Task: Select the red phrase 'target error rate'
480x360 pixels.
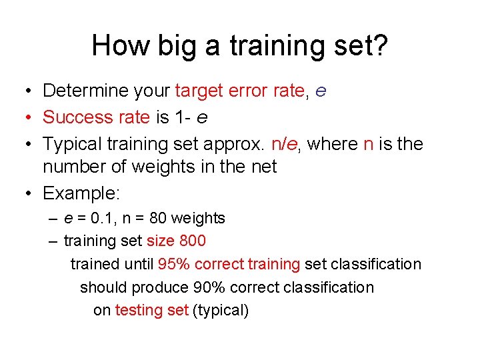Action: pyautogui.click(x=239, y=91)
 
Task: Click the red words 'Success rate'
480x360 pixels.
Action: pyautogui.click(x=96, y=117)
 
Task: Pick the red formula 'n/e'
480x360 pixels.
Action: pyautogui.click(x=287, y=144)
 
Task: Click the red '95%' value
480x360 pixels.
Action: pyautogui.click(x=173, y=264)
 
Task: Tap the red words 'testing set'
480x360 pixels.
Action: pyautogui.click(x=151, y=310)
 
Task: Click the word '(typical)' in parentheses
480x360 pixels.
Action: pyautogui.click(x=220, y=310)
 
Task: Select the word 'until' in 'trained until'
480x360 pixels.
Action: pyautogui.click(x=138, y=264)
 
